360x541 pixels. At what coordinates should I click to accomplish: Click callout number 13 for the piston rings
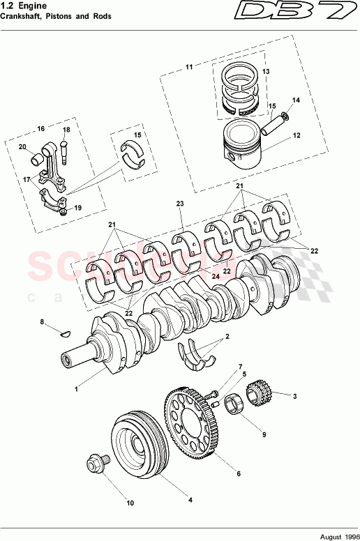coord(265,73)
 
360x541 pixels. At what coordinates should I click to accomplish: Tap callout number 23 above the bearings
coord(179,203)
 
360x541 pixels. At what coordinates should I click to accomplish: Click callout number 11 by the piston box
coord(188,67)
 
